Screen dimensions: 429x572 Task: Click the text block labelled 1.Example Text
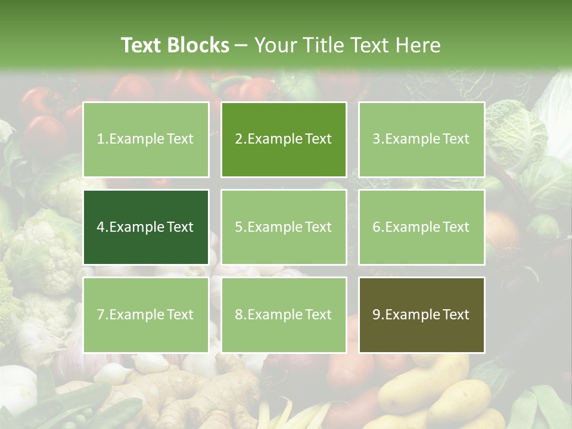[146, 139]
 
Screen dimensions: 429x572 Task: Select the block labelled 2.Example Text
[284, 139]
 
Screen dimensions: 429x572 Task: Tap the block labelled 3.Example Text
[421, 139]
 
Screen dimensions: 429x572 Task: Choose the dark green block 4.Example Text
[146, 227]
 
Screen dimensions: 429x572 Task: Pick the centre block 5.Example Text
[284, 227]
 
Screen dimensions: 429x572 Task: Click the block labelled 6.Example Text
[421, 227]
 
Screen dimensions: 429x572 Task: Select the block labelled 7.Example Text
[146, 315]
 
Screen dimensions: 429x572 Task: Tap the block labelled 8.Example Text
[284, 315]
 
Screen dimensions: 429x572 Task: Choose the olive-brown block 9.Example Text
[421, 315]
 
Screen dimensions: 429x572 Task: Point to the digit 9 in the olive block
[377, 315]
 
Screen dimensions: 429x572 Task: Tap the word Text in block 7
[180, 315]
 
